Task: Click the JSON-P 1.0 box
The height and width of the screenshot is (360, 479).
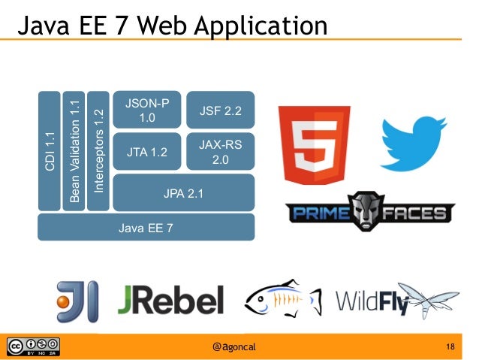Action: [x=147, y=111]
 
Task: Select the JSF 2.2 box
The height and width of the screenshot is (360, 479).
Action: [x=220, y=111]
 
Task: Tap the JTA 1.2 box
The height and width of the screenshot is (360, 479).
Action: [x=147, y=153]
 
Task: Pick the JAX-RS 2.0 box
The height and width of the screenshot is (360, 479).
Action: [x=220, y=153]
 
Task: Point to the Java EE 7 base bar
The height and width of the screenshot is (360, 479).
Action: [x=146, y=227]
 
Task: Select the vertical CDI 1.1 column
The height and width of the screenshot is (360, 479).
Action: [x=50, y=150]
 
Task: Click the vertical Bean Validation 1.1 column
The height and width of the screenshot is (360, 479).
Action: [x=74, y=150]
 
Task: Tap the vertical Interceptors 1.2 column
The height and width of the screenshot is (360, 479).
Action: [x=98, y=150]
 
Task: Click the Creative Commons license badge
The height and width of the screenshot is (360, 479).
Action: [x=33, y=346]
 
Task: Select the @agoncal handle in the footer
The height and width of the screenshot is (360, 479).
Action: [x=239, y=346]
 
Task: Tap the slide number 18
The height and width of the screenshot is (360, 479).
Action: [x=450, y=346]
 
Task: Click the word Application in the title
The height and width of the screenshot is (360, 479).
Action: [x=259, y=27]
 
